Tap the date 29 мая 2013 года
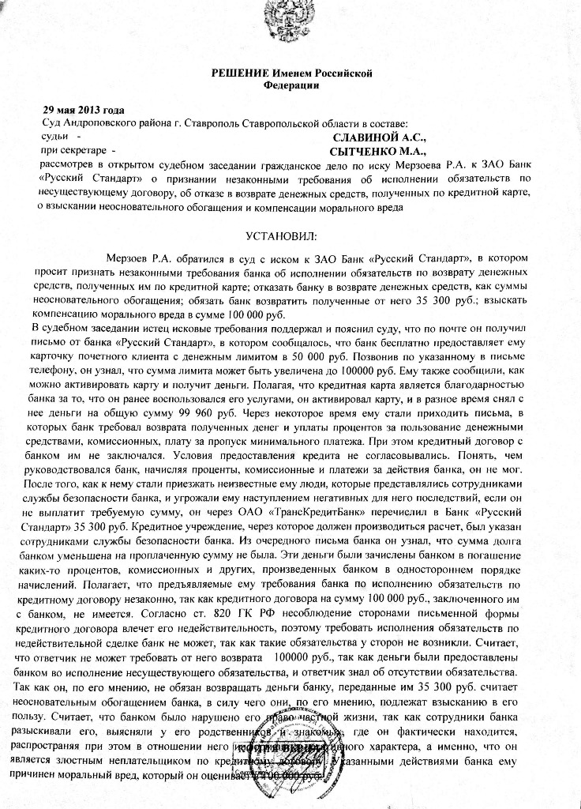(x=84, y=110)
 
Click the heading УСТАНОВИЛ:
(x=279, y=237)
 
